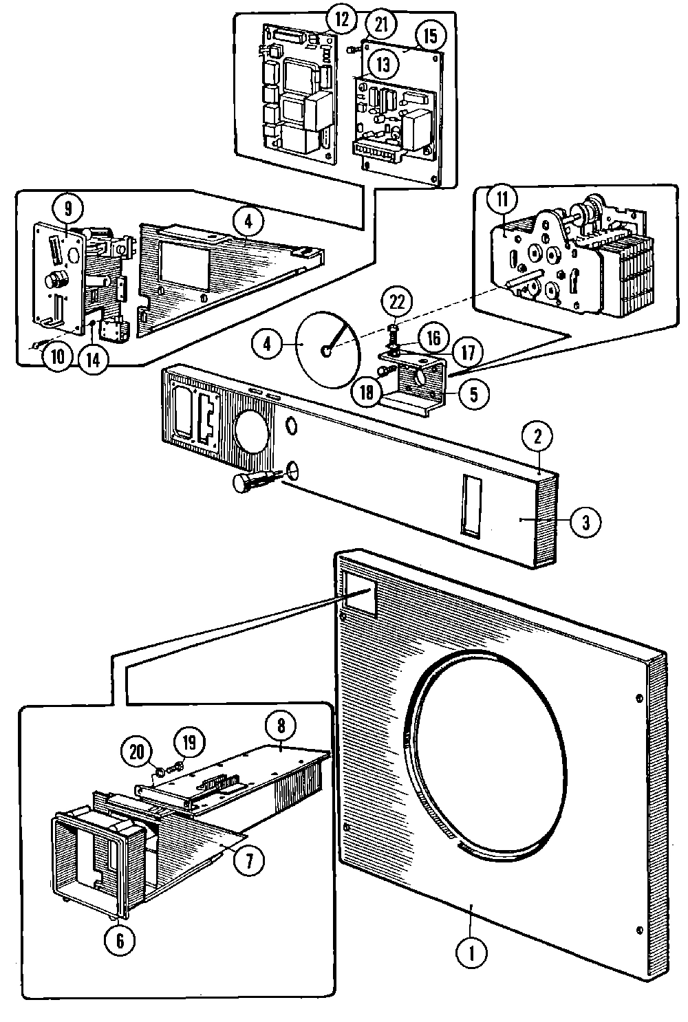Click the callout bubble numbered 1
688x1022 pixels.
click(x=471, y=953)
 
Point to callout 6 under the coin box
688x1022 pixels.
click(x=120, y=941)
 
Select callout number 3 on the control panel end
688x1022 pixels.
click(x=585, y=522)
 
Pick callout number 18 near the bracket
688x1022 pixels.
click(x=367, y=392)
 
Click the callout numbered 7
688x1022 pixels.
click(x=249, y=860)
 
